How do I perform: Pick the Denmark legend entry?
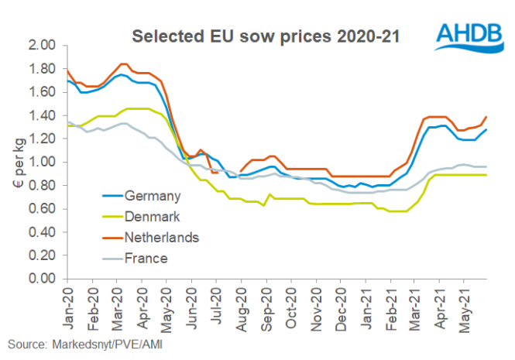[x=153, y=217]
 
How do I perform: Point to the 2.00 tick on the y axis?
[x=43, y=46]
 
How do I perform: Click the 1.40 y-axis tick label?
[x=43, y=115]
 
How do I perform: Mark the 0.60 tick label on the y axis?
[x=43, y=209]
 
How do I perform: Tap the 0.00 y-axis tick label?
[x=43, y=279]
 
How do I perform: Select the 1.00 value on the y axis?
[x=43, y=163]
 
